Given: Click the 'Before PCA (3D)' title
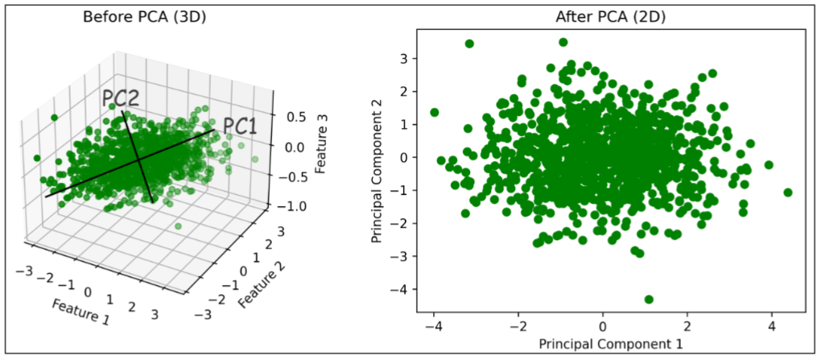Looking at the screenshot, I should (x=145, y=16).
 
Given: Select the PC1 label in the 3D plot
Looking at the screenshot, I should (x=241, y=126).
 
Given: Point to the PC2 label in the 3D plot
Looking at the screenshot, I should (x=121, y=98).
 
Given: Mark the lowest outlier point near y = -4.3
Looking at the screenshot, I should (x=649, y=300).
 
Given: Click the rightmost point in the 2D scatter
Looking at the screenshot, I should (x=787, y=192).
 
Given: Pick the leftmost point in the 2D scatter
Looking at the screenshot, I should (x=435, y=112).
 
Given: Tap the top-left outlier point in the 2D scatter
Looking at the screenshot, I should (x=469, y=43).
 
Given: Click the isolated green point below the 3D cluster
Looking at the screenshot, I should (x=179, y=226).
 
